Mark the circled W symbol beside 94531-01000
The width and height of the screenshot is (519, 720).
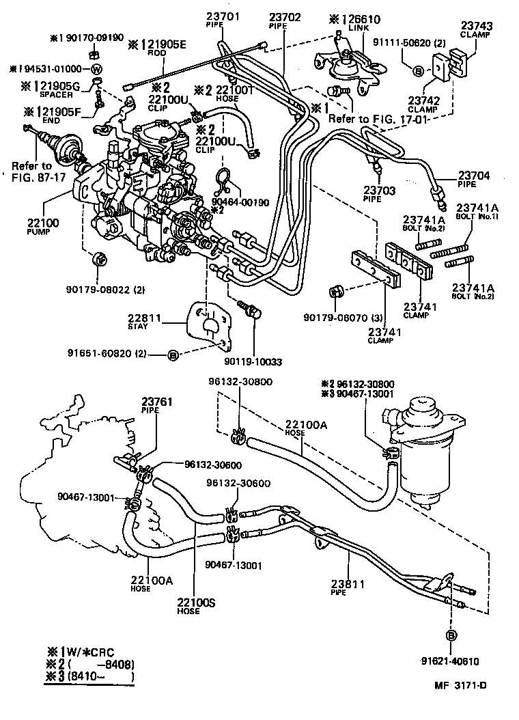pos(96,70)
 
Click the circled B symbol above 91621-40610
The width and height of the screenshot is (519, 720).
pos(451,635)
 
